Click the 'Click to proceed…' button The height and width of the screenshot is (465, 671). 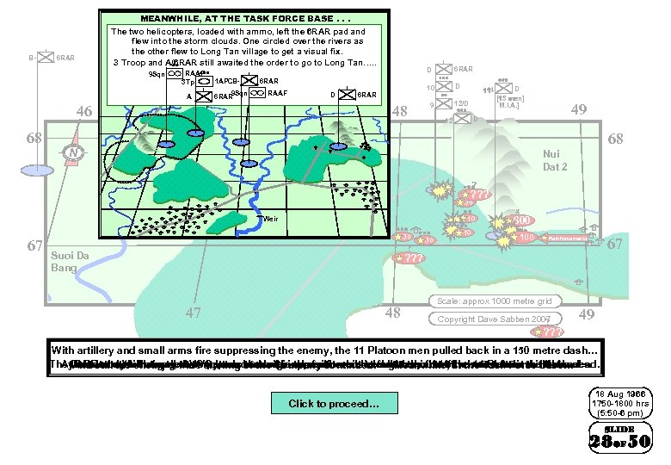click(x=333, y=403)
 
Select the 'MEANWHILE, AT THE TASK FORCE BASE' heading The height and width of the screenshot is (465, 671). click(x=243, y=17)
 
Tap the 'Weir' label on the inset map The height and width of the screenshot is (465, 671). click(x=270, y=219)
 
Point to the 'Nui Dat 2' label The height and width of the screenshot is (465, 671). click(x=555, y=160)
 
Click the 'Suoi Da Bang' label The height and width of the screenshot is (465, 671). click(x=70, y=262)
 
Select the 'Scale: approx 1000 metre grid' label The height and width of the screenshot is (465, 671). click(x=494, y=301)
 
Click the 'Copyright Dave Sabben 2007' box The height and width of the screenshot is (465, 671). click(x=494, y=319)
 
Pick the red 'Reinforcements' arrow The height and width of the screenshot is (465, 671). click(x=569, y=238)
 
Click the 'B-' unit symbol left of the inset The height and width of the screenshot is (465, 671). click(x=43, y=59)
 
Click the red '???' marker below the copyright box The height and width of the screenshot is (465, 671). click(x=548, y=332)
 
